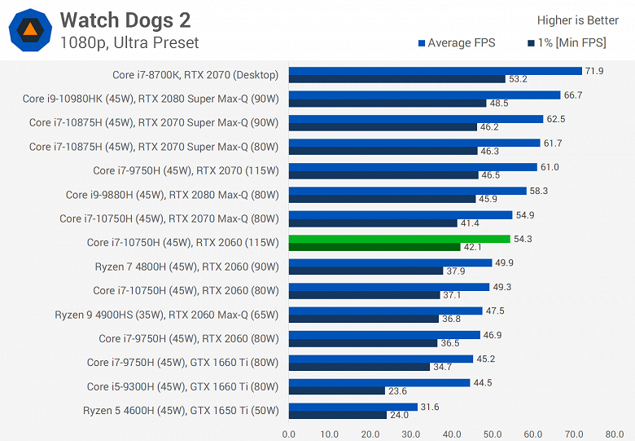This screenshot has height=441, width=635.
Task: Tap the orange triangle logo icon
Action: [x=30, y=29]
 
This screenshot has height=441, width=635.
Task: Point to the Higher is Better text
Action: [x=577, y=20]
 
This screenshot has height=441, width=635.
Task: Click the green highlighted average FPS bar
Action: [x=399, y=239]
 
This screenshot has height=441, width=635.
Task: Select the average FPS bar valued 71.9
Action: [x=435, y=71]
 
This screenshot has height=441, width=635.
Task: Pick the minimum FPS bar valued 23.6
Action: [x=336, y=390]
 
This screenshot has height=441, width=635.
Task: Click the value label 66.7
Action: [x=573, y=95]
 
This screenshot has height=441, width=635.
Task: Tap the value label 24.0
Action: [x=401, y=414]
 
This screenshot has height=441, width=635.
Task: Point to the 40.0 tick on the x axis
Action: [x=452, y=434]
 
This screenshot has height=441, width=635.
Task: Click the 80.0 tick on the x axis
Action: [x=615, y=434]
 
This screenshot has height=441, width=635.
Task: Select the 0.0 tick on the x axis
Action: [x=289, y=434]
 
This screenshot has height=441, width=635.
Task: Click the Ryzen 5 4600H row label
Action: [x=181, y=410]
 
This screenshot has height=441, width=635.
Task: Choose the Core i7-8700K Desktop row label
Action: [x=195, y=75]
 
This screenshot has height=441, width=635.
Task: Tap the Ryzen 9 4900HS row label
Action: [x=167, y=315]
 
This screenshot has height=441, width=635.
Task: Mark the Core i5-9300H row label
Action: [x=183, y=386]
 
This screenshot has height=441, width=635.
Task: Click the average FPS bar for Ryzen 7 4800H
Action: [x=390, y=262]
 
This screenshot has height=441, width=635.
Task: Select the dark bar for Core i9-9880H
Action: [x=382, y=199]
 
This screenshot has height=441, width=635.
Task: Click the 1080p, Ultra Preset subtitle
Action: [x=129, y=42]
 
